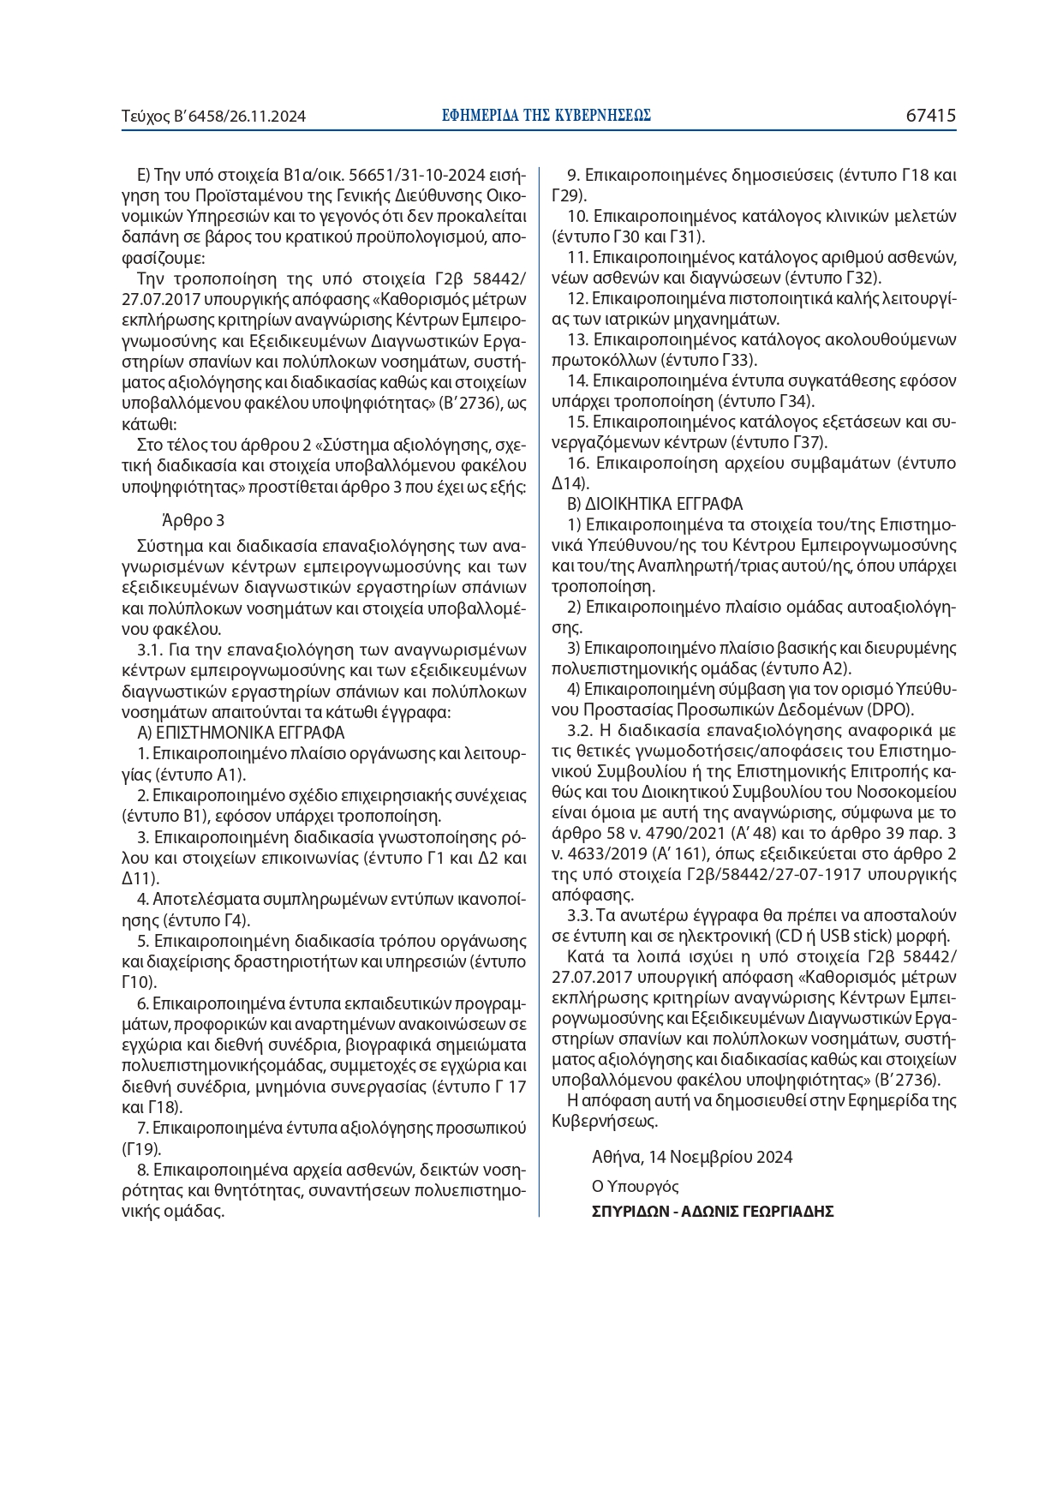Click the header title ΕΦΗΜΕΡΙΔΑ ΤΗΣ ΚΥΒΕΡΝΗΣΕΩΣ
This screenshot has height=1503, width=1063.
(x=546, y=116)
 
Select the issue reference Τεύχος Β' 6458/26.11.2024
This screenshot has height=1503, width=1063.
(x=214, y=117)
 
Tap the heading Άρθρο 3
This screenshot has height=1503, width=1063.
(x=193, y=520)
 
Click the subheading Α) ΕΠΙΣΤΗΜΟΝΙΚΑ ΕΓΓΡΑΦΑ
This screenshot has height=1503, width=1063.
(x=241, y=733)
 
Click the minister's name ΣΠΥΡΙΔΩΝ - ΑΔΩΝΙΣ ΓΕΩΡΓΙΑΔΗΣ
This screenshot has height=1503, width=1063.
(x=713, y=1212)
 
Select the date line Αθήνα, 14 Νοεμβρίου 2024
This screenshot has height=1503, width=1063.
(x=692, y=1157)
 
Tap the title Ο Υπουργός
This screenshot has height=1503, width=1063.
(x=635, y=1187)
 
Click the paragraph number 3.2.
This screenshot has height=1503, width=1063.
(x=579, y=731)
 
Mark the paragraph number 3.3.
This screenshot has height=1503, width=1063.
(x=579, y=915)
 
